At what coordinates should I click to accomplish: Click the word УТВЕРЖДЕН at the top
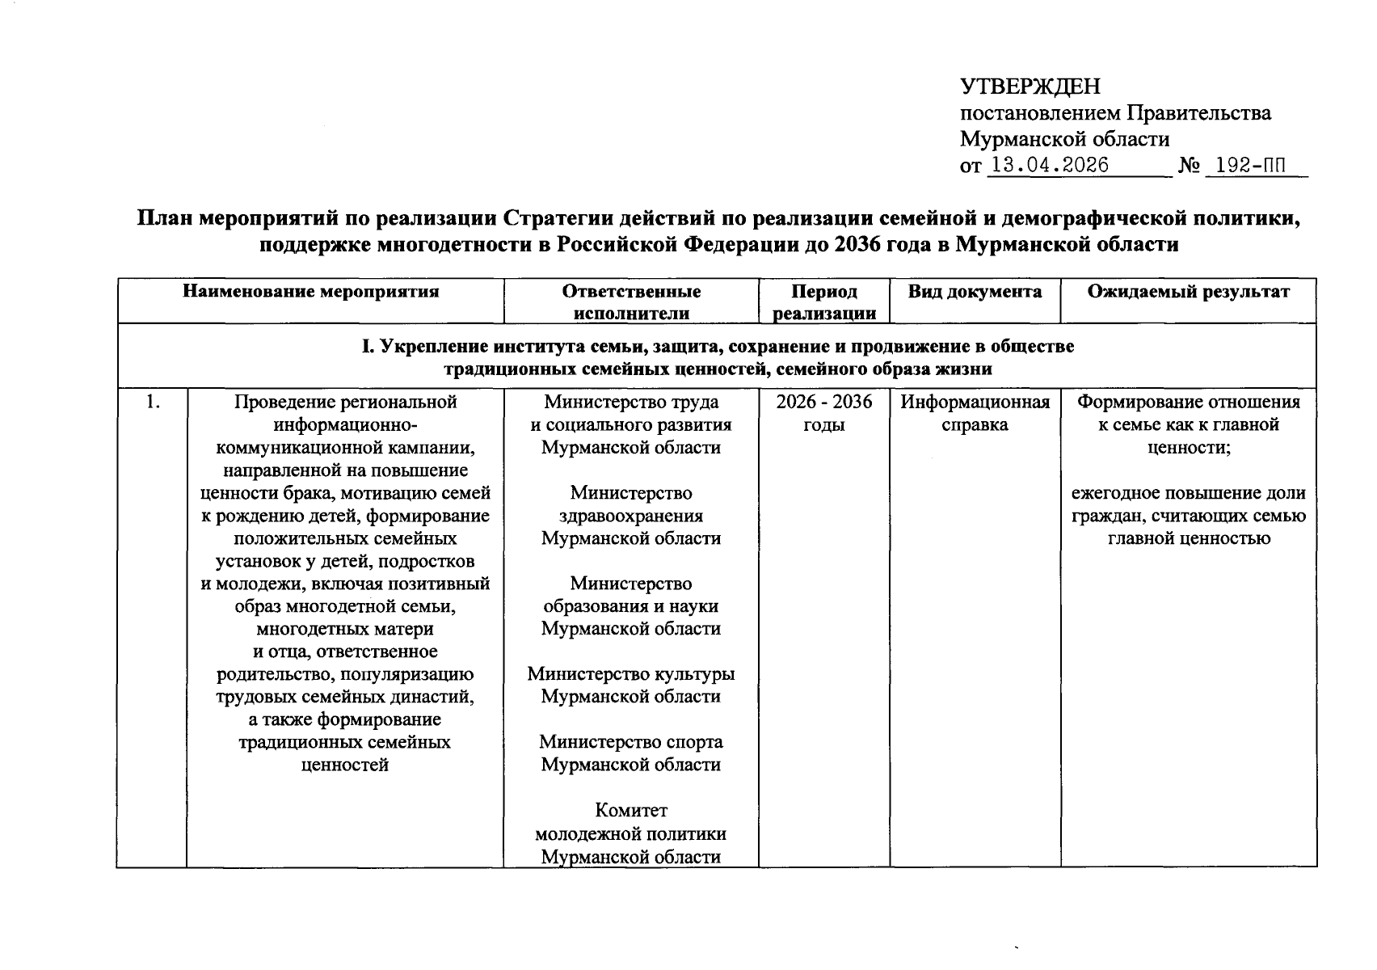pos(1030,86)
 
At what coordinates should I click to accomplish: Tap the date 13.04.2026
pos(1049,166)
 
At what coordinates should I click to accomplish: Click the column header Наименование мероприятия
pos(310,292)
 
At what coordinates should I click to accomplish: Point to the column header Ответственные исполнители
pos(630,302)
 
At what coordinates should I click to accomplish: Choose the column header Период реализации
pos(823,302)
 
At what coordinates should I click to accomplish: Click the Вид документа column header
pos(974,292)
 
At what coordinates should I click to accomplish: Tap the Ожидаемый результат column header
pos(1187,292)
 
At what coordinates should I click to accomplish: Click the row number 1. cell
pos(151,402)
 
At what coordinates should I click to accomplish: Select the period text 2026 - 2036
pos(823,402)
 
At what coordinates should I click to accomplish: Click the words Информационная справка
pos(975,413)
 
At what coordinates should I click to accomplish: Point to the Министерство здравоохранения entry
pos(630,516)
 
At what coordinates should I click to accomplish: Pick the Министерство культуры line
pos(630,674)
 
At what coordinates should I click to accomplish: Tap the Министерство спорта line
pos(630,742)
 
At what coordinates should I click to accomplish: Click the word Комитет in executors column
pos(630,810)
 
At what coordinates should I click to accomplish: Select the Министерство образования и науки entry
pos(630,606)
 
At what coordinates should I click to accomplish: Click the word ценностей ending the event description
pos(345,765)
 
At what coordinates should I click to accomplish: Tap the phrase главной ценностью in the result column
pos(1188,538)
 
